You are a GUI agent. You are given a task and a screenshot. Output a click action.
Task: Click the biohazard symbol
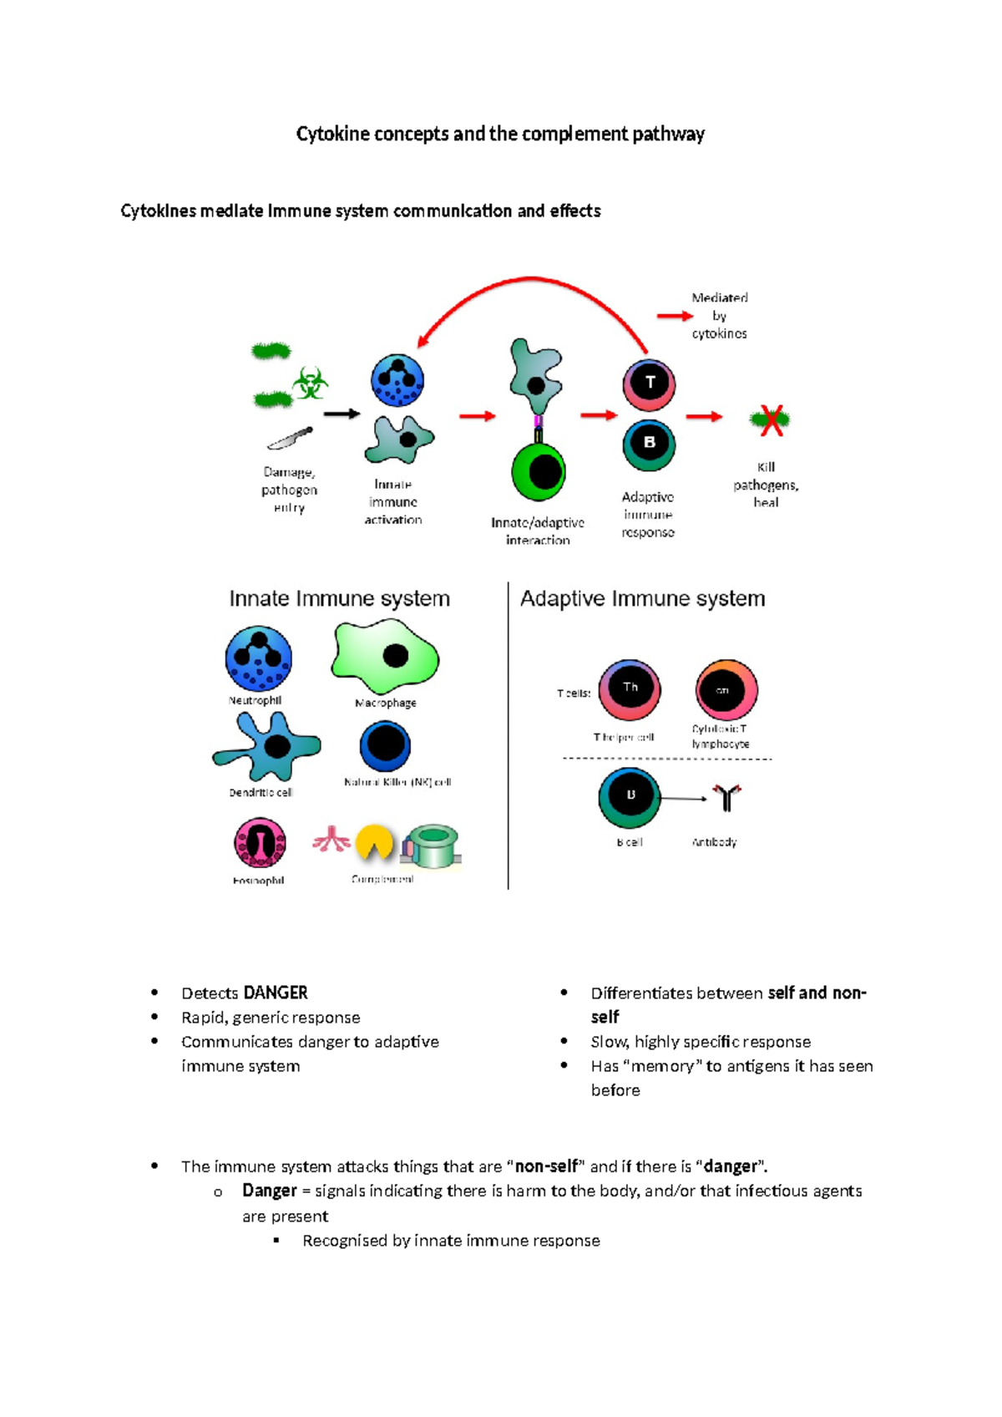(311, 384)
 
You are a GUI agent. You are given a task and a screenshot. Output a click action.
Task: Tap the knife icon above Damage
(290, 438)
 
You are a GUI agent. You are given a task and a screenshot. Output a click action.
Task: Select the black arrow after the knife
(342, 414)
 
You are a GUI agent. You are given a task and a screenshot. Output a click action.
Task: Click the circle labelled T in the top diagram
(649, 384)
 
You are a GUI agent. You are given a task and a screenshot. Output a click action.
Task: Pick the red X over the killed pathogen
(771, 420)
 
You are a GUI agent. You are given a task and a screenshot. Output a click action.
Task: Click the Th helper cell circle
(630, 689)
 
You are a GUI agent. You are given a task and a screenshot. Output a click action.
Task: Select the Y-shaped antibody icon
(726, 798)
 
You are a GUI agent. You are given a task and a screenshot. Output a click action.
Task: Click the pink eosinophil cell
(260, 842)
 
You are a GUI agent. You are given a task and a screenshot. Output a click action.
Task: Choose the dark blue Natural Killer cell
(385, 745)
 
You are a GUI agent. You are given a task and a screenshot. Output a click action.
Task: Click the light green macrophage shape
(385, 657)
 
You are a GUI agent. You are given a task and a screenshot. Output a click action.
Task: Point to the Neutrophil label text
(255, 701)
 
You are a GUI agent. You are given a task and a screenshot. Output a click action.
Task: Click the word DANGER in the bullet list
(276, 993)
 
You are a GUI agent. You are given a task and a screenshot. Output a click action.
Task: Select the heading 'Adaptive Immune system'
(642, 598)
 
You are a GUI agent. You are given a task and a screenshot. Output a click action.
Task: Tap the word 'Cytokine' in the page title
(332, 134)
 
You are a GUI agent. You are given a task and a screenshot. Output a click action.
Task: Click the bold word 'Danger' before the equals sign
(270, 1191)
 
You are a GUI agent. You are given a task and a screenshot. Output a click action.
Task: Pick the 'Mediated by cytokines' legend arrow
(675, 316)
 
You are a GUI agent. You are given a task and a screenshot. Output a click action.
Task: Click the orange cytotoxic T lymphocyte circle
(726, 690)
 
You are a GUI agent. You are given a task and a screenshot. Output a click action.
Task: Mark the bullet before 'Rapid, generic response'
(154, 1017)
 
